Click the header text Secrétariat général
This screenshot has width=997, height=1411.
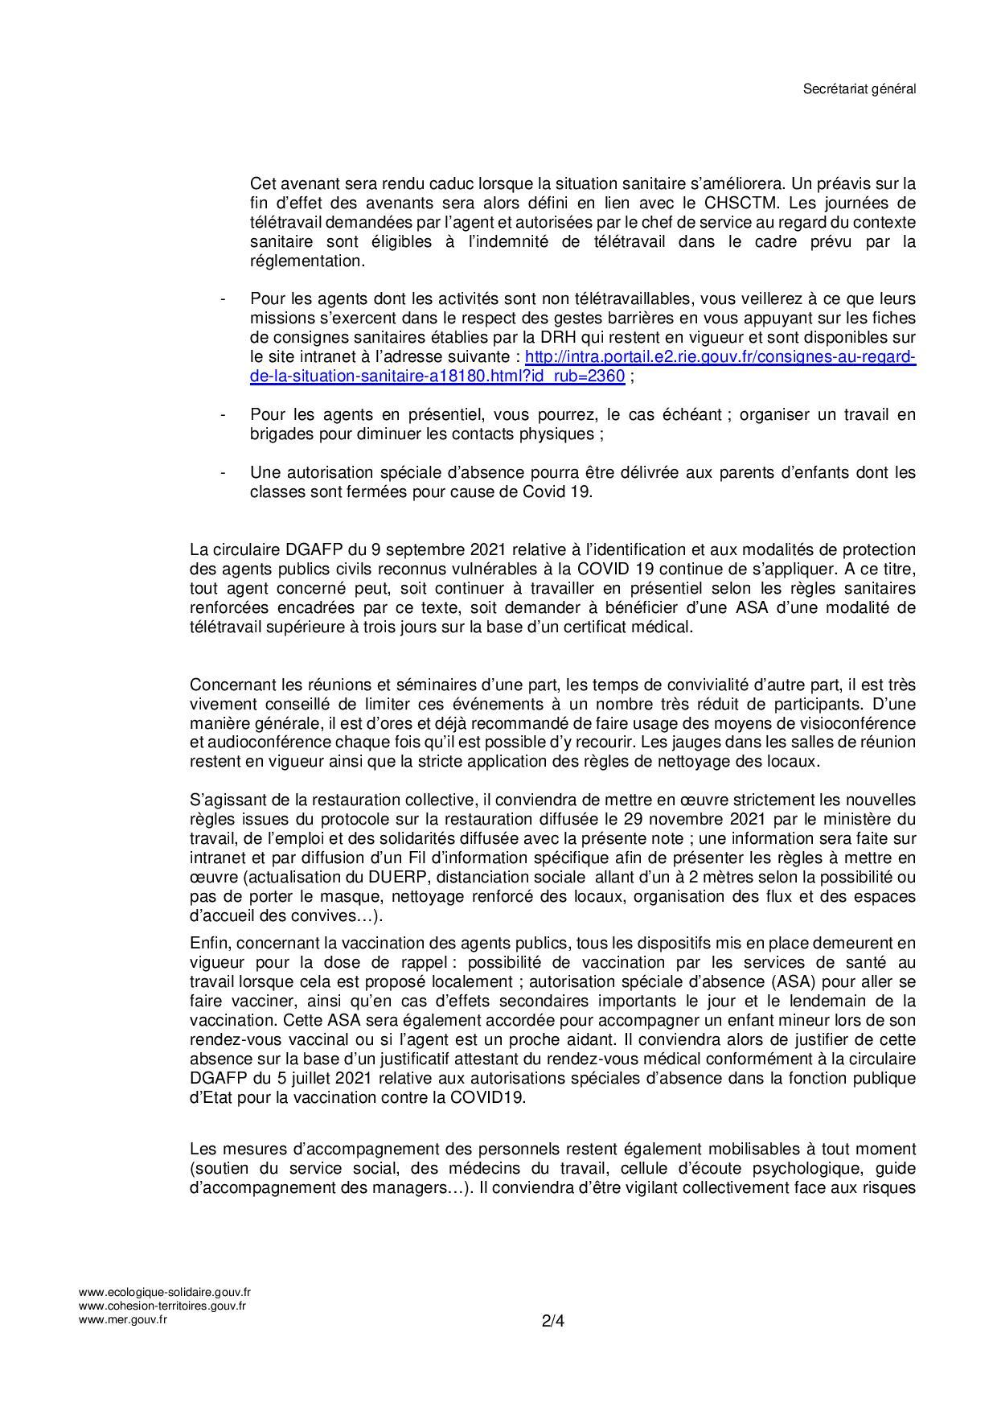[860, 89]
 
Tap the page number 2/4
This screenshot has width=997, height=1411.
[553, 1321]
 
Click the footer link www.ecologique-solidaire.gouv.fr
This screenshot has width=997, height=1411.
[165, 1293]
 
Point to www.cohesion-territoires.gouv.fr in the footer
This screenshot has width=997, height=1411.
[162, 1306]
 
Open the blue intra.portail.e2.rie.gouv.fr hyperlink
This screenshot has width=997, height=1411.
[720, 356]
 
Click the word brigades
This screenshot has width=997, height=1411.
[283, 434]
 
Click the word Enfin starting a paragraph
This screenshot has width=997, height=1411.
[208, 943]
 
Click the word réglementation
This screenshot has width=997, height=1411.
[307, 261]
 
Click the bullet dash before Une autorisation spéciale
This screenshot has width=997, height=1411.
[223, 473]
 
